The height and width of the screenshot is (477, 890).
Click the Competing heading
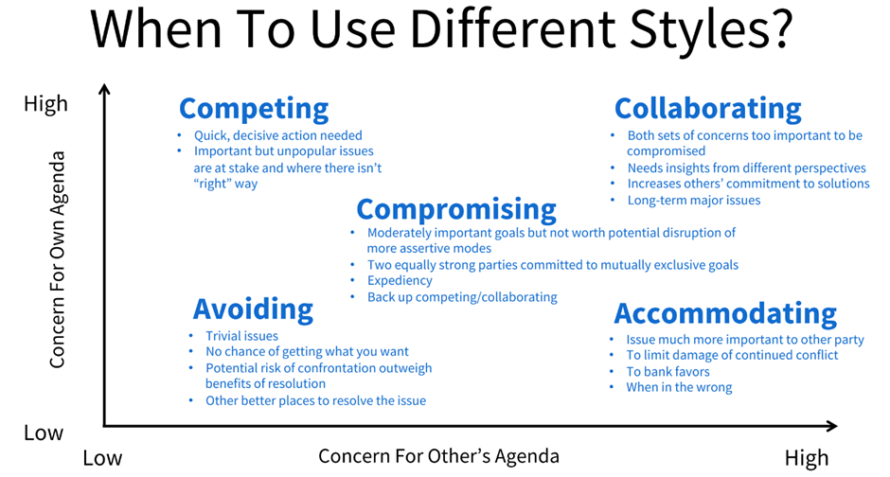[x=254, y=109]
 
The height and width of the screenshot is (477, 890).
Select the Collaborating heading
[x=708, y=108]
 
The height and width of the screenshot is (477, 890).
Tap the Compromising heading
[x=456, y=210]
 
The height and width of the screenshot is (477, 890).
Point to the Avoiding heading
[x=253, y=309]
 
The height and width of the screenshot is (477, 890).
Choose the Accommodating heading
[x=725, y=313]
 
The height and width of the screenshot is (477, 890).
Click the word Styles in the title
[x=698, y=31]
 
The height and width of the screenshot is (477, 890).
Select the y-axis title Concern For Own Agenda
[x=58, y=259]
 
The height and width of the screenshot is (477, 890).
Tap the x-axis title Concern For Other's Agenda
[x=438, y=456]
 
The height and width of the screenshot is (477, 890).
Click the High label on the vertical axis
[x=46, y=104]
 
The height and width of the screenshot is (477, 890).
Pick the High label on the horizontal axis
[x=807, y=458]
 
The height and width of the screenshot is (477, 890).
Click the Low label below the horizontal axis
[x=102, y=458]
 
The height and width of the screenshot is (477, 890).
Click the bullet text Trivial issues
[x=241, y=336]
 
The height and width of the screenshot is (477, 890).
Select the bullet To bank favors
[x=667, y=372]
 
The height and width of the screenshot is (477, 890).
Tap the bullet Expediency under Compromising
[x=400, y=281]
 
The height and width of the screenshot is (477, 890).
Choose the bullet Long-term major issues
[x=694, y=201]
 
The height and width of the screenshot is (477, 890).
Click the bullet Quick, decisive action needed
[x=278, y=135]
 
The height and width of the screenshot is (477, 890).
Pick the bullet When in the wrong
[x=679, y=387]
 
